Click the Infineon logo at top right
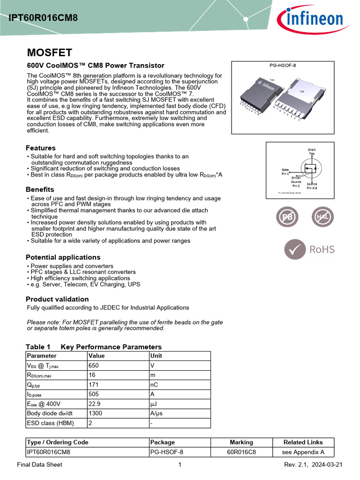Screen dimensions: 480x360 pyautogui.click(x=310, y=19)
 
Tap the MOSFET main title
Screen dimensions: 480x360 pyautogui.click(x=49, y=52)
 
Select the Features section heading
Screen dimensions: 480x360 pyautogui.click(x=41, y=148)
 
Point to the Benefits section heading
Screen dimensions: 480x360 pyautogui.click(x=40, y=189)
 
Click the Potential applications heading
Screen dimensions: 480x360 pyautogui.click(x=63, y=257)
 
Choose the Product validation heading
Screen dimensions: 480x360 pyautogui.click(x=57, y=299)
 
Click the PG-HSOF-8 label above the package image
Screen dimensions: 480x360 pyautogui.click(x=283, y=66)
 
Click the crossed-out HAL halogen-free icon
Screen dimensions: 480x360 pyautogui.click(x=323, y=217)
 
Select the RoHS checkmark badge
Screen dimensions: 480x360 pyautogui.click(x=310, y=249)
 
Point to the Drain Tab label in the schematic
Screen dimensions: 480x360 pyautogui.click(x=312, y=151)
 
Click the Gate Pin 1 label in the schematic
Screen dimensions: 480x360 pyautogui.click(x=285, y=172)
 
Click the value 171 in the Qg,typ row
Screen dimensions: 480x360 pyautogui.click(x=94, y=384)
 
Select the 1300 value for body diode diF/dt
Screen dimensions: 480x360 pyautogui.click(x=96, y=413)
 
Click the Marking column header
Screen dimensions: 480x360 pyautogui.click(x=241, y=442)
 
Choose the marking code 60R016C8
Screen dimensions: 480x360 pyautogui.click(x=241, y=452)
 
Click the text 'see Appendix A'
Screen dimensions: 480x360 pyautogui.click(x=303, y=452)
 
